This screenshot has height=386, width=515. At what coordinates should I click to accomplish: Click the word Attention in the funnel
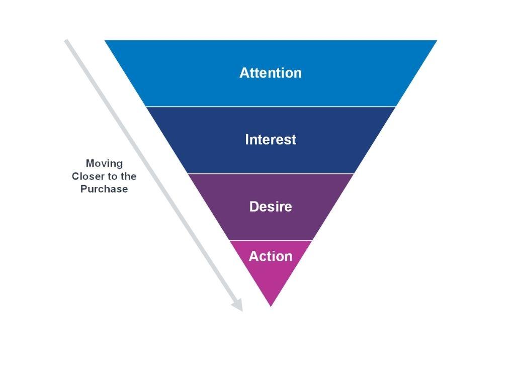[x=271, y=73]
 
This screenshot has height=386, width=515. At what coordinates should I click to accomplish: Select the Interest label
[x=271, y=140]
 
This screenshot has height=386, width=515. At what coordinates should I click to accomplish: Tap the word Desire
[x=271, y=207]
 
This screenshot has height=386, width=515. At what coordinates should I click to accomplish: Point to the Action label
[x=271, y=256]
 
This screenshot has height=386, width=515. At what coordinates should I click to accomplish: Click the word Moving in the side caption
[x=104, y=163]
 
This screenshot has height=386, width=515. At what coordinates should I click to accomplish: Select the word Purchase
[x=104, y=189]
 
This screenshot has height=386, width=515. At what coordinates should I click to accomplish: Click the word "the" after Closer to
[x=128, y=176]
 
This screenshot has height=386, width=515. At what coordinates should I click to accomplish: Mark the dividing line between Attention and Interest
[x=271, y=107]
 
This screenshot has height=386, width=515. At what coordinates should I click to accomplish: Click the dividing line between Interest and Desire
[x=271, y=173]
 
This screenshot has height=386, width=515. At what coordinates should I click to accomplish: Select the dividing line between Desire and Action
[x=271, y=240]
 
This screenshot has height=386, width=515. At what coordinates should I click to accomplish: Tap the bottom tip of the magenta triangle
[x=271, y=306]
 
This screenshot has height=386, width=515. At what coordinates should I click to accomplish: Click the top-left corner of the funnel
[x=106, y=41]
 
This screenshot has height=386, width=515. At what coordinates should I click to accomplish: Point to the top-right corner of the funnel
[x=436, y=41]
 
